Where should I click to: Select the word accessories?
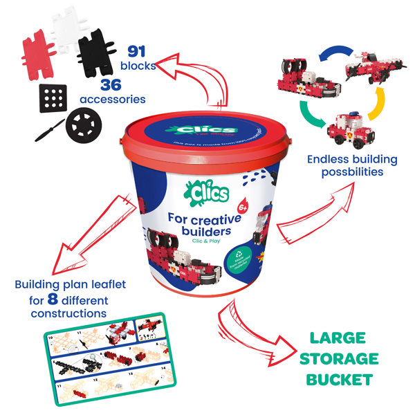113,100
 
